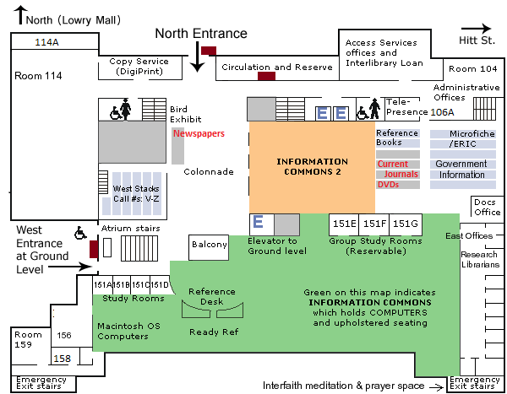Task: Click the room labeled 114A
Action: pos(46,41)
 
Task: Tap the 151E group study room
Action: pos(344,224)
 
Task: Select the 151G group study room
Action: pos(405,224)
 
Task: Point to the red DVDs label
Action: pos(388,184)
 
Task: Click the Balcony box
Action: pos(210,246)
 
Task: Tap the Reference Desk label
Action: pos(212,296)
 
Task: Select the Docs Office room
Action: pos(487,207)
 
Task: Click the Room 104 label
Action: pos(473,68)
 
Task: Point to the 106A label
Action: pos(443,111)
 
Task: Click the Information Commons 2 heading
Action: pos(312,166)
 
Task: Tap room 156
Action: pos(64,336)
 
